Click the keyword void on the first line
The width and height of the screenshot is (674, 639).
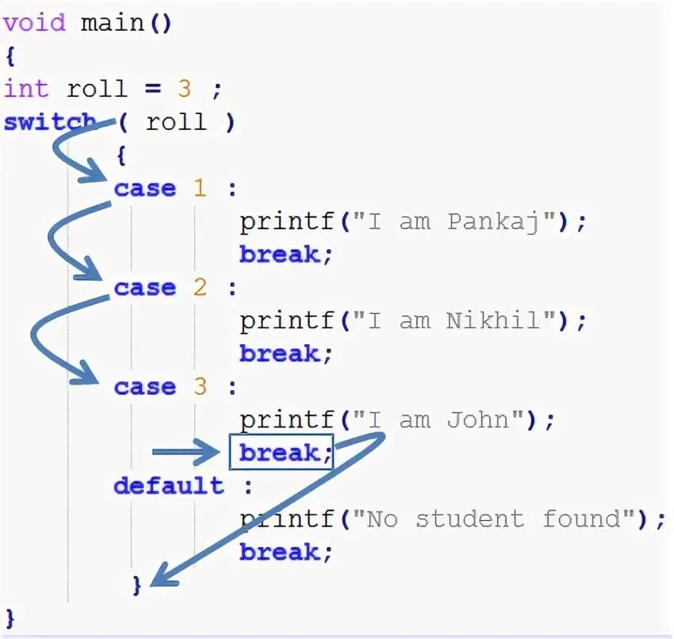[34, 23]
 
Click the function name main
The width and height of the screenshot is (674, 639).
[113, 23]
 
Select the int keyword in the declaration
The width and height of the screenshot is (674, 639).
[26, 89]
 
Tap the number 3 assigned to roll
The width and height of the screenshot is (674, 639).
[184, 89]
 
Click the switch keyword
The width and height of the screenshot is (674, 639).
[49, 123]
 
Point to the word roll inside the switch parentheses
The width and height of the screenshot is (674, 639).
[176, 122]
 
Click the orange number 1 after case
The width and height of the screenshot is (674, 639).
[199, 189]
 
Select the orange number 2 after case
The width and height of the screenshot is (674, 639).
[199, 288]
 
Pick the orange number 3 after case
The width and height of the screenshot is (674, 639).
[199, 387]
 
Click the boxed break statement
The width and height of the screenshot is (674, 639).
[281, 453]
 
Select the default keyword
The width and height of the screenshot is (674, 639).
[169, 485]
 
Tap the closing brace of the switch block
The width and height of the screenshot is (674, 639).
[136, 585]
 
